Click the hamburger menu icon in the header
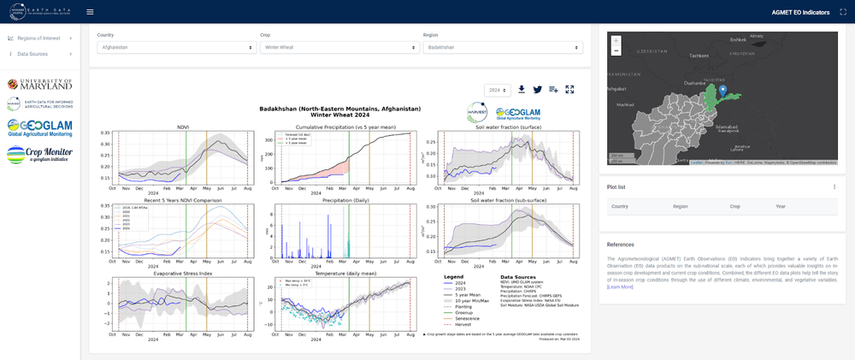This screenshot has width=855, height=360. coord(90,12)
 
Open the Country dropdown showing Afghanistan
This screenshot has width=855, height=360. coord(176,48)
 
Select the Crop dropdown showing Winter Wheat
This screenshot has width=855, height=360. coord(339,48)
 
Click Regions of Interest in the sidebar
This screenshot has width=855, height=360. coord(39,38)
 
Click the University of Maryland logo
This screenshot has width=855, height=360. coord(39,84)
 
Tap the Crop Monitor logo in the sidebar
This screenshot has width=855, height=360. coord(39,155)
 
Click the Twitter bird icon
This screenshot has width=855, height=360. coord(538,89)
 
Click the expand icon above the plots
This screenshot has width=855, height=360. coord(569,89)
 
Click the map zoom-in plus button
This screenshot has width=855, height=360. coord(616,40)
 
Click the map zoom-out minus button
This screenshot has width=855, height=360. coord(616,50)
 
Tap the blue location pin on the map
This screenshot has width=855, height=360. coord(722,91)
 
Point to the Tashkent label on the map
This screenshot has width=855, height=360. coord(699,56)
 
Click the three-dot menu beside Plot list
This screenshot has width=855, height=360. coord(834,186)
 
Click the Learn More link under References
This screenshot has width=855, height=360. coord(620,287)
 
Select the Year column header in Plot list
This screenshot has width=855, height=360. coord(781,206)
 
